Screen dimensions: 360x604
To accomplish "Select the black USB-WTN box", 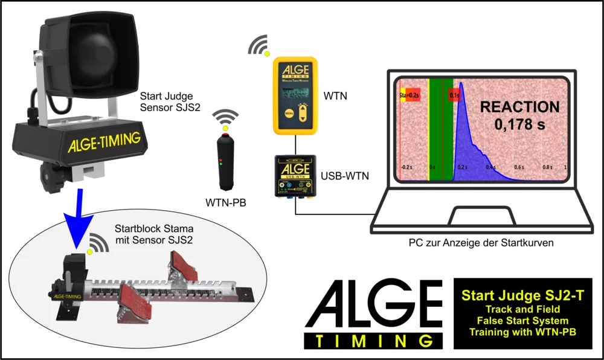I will [x=295, y=176].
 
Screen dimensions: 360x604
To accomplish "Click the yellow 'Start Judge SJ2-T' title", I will [x=522, y=296].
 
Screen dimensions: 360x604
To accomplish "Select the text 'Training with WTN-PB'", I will [x=522, y=332].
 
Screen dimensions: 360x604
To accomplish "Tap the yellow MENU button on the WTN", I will [x=289, y=113].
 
